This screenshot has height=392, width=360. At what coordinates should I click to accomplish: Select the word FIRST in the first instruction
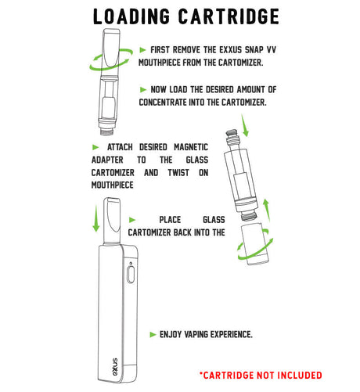tap(163, 49)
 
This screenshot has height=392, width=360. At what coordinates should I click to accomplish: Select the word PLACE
tap(171, 220)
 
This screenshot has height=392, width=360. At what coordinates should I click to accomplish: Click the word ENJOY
tap(172, 334)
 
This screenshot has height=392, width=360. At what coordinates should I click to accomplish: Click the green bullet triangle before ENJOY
tap(153, 334)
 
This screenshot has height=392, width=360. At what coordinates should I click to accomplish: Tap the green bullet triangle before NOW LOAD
tap(143, 89)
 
